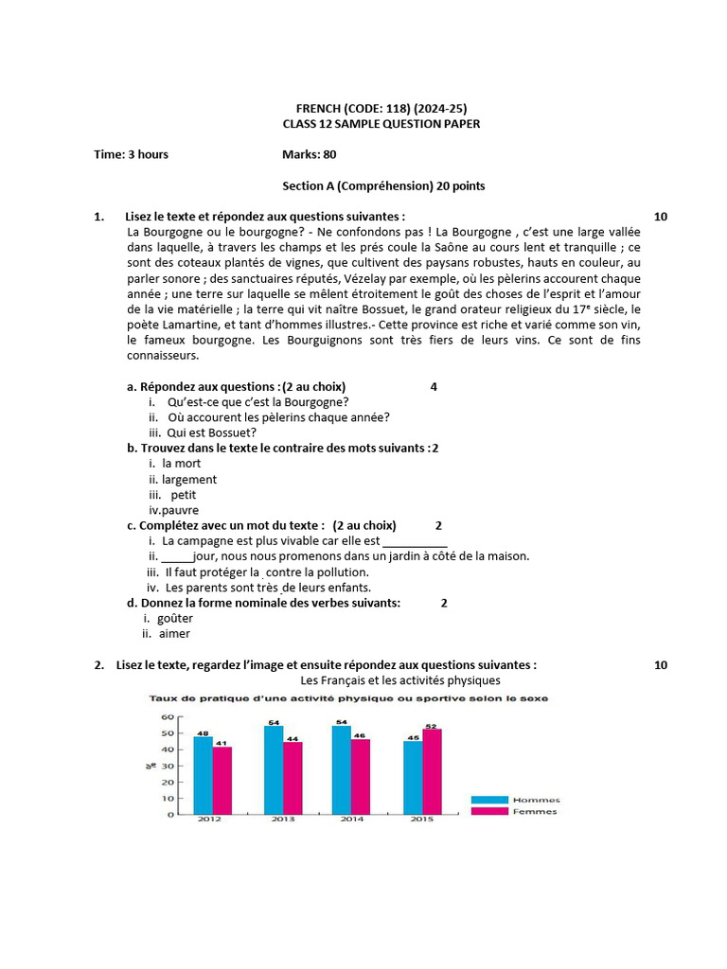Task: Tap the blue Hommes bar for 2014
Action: coord(341,769)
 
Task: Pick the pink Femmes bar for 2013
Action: coord(292,777)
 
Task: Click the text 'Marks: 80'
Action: coord(309,154)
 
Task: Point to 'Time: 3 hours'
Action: coord(132,154)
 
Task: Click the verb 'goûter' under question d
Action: coord(175,618)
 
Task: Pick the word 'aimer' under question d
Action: coord(174,633)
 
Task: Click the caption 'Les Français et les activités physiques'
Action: coord(400,680)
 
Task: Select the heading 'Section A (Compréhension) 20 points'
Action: coord(383,185)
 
